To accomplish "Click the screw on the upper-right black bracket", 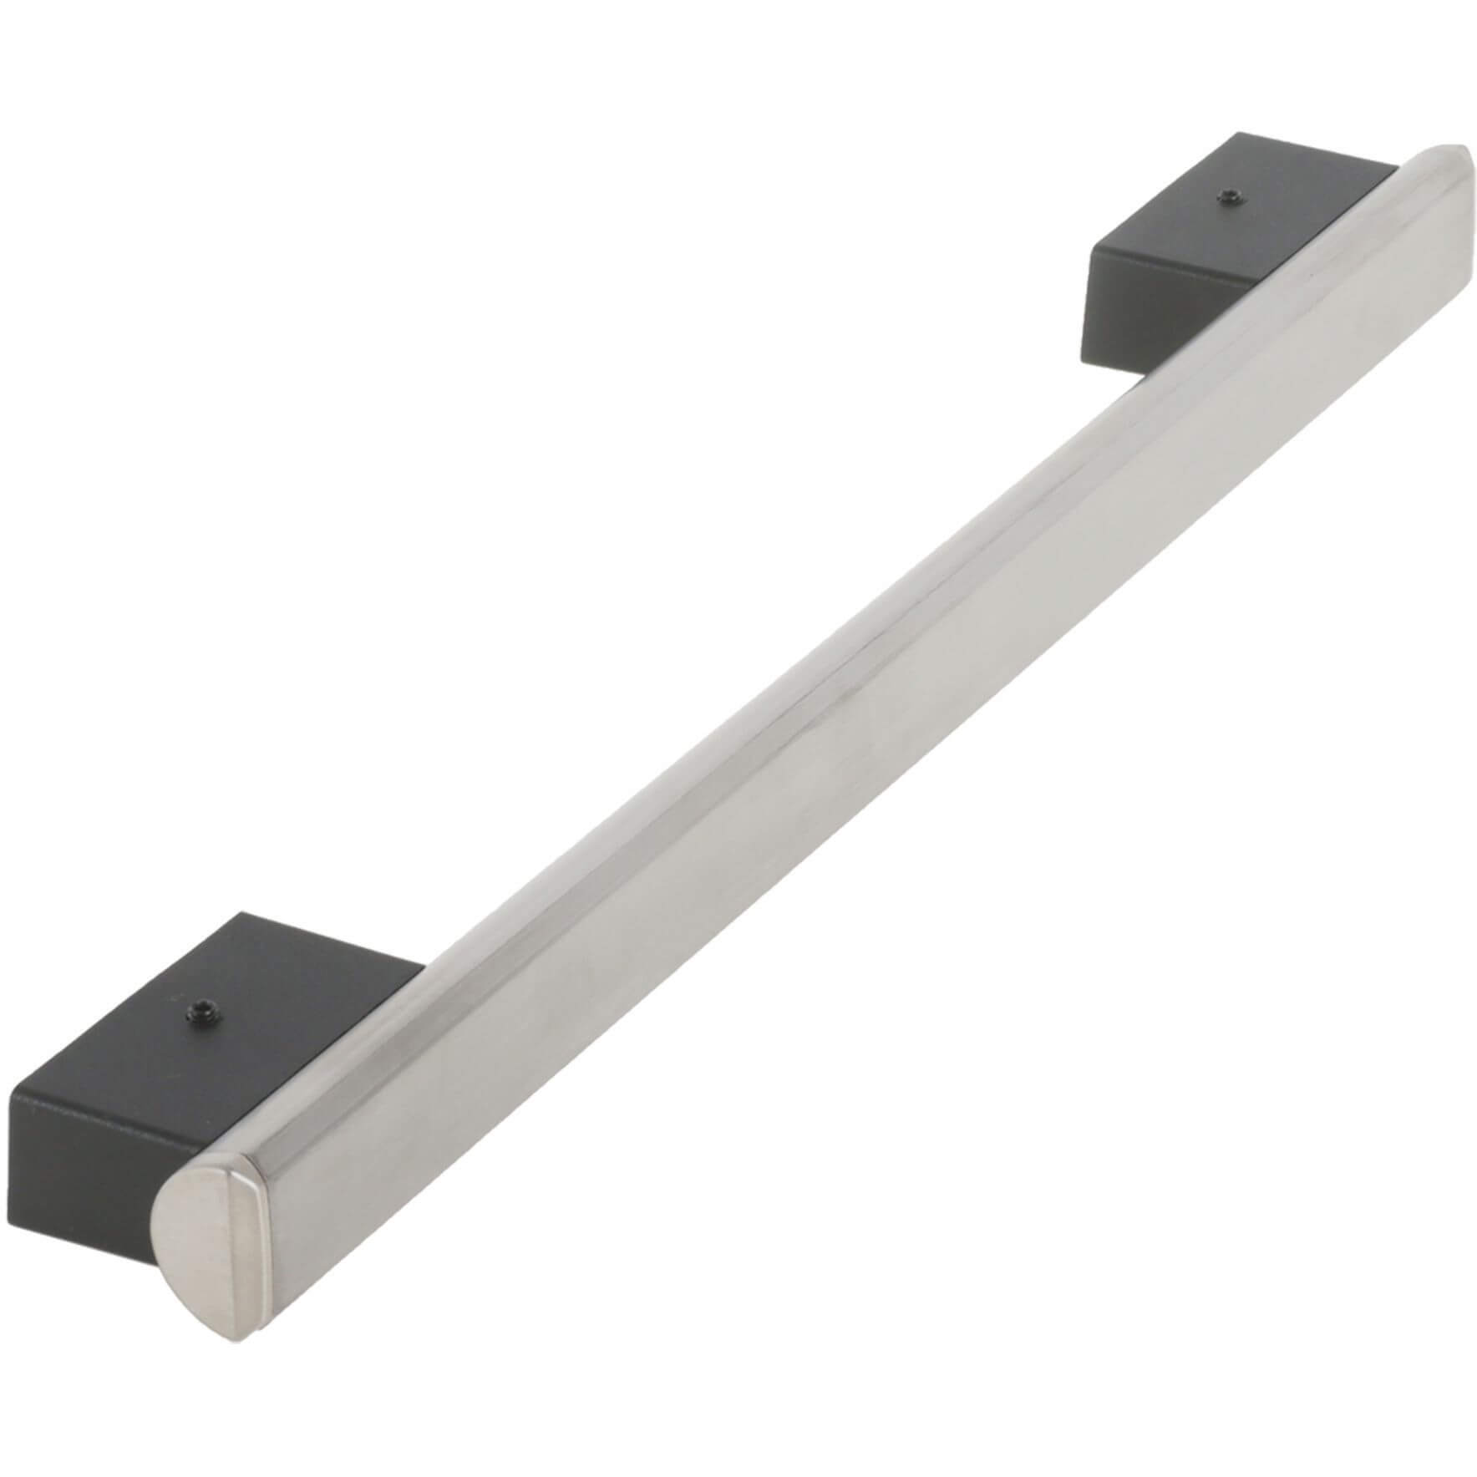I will pyautogui.click(x=1226, y=196).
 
